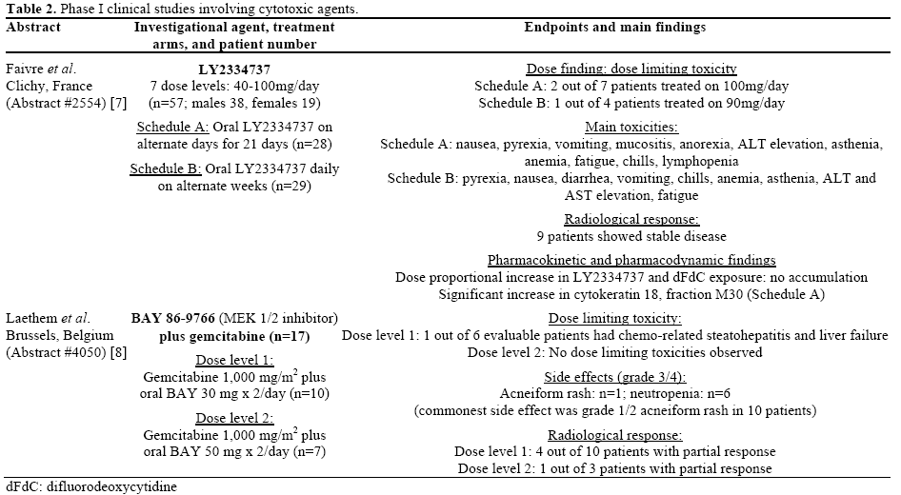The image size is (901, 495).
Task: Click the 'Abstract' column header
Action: (x=33, y=27)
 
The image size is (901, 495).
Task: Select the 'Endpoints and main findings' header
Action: (x=614, y=27)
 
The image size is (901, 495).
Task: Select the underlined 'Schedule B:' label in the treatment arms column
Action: (x=168, y=169)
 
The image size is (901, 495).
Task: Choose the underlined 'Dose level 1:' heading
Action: (x=234, y=361)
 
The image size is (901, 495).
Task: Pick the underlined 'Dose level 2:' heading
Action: (x=234, y=418)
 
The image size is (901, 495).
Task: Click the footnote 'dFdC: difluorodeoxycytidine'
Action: (x=91, y=486)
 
